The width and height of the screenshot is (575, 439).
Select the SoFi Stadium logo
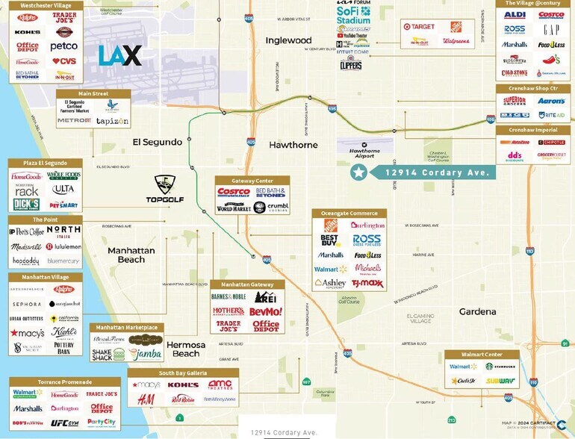point(353,16)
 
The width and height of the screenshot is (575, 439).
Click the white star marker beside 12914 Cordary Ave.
point(359,172)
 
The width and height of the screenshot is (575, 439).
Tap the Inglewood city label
point(288,40)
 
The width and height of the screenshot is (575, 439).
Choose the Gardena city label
point(477,311)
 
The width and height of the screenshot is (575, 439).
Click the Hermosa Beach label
point(186,349)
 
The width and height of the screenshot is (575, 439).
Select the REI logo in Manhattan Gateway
point(265,297)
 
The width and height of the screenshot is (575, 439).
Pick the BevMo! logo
point(265,311)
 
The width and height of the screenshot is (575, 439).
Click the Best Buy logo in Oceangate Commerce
point(330,240)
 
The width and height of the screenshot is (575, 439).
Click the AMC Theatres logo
point(220,384)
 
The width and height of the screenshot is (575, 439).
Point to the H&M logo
point(146,399)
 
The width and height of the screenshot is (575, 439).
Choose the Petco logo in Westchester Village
point(64,46)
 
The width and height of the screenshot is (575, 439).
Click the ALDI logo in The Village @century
point(515,15)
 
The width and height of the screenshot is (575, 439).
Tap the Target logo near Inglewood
point(419,27)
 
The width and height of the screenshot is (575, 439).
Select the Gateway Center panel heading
point(242,181)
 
